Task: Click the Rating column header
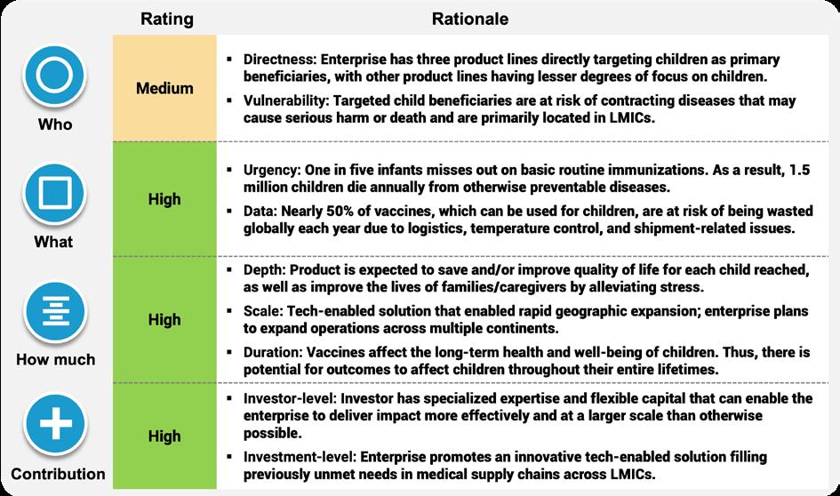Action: tap(167, 18)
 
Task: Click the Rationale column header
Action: tap(469, 18)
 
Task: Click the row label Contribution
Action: tap(59, 474)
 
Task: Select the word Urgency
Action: tap(269, 169)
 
